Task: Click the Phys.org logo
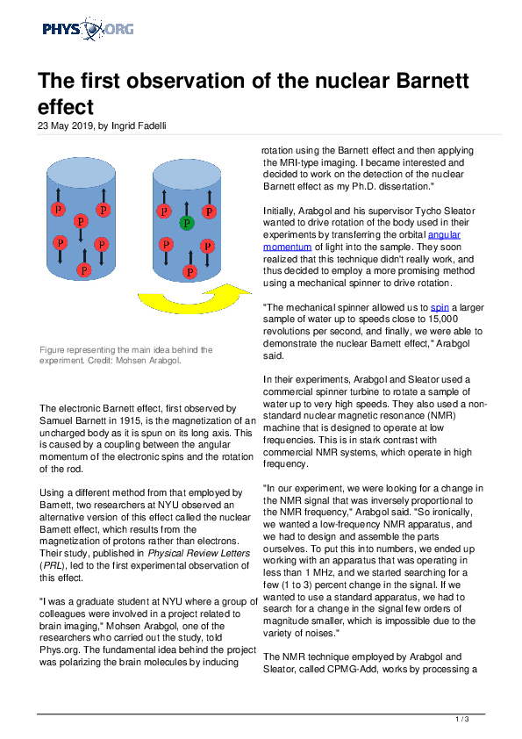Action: (88, 29)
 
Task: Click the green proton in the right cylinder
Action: (187, 223)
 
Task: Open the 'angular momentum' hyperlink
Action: (361, 240)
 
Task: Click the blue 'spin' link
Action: (440, 307)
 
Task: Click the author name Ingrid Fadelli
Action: (139, 126)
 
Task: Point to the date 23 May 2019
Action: (67, 126)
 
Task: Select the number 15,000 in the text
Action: (443, 319)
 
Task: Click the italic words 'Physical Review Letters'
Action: (199, 553)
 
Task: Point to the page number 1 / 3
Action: (462, 719)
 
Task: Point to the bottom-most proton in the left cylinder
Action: (84, 269)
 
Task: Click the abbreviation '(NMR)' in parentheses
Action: (440, 416)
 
